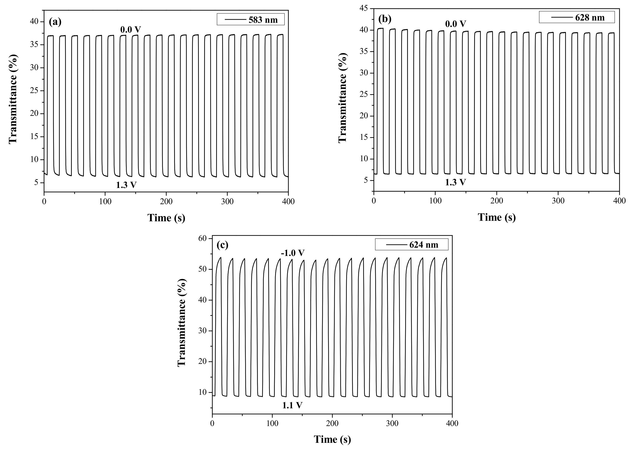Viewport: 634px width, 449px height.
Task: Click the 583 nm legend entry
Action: coord(251,20)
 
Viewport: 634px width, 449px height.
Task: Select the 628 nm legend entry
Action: coord(577,17)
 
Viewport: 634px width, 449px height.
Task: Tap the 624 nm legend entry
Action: coord(412,245)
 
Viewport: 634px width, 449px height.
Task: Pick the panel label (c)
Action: coord(222,245)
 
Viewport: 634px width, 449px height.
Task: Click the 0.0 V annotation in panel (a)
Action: coord(131,29)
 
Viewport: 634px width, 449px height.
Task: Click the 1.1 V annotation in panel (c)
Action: coord(292,405)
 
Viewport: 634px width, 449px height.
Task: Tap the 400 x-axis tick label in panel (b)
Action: coord(619,201)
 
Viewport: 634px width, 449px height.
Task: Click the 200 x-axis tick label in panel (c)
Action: coord(332,423)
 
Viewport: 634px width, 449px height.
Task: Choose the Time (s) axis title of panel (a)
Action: coord(166,218)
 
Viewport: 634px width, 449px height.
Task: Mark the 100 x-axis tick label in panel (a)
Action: coord(105,201)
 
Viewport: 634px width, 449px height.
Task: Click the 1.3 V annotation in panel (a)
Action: coord(126,185)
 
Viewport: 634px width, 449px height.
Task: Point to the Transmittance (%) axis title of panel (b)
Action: coord(342,98)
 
